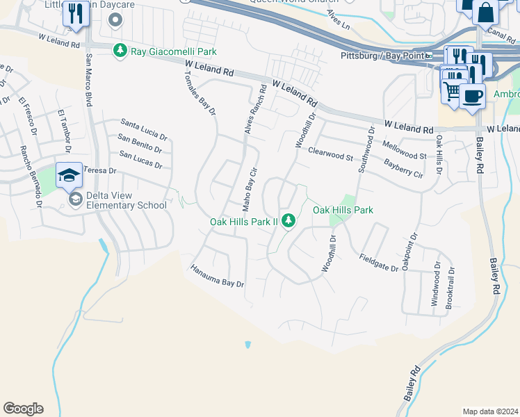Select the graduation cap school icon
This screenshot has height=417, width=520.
pos(69,175)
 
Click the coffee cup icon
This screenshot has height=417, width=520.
pos(472,96)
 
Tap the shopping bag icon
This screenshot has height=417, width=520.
pos(485,12)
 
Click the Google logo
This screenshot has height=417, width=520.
pos(23,409)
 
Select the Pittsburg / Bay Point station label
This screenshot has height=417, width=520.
pos(383,56)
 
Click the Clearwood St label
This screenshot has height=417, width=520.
pos(330,154)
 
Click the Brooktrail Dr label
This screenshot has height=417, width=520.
pos(451,287)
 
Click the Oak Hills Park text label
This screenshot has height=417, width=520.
pos(343,210)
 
